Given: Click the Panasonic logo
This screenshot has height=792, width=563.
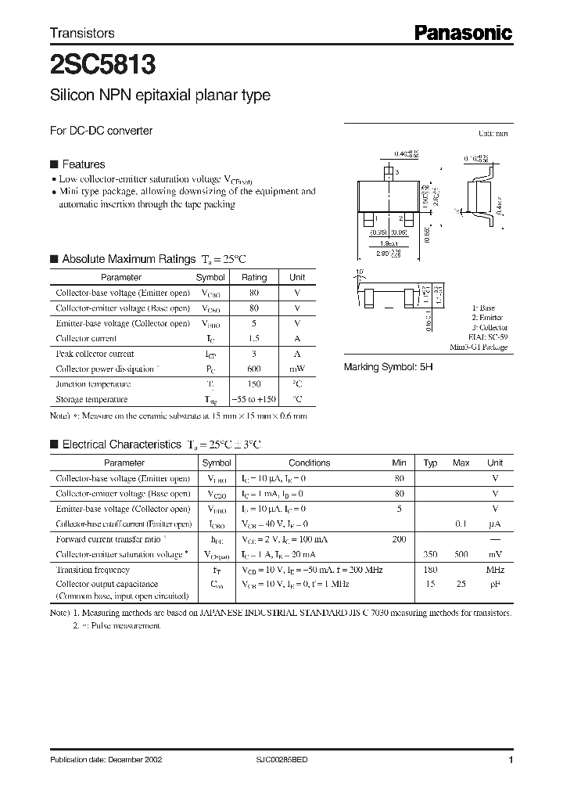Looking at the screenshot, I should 462,33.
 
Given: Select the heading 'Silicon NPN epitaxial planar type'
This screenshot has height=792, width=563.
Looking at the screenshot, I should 160,95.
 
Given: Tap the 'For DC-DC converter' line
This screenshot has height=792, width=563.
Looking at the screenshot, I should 101,131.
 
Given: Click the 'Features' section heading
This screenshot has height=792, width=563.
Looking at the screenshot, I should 83,164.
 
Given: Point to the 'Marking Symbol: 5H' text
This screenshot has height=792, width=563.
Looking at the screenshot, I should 389,367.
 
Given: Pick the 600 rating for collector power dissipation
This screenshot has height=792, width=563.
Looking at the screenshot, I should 254,369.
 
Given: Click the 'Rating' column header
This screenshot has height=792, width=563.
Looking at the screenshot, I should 254,277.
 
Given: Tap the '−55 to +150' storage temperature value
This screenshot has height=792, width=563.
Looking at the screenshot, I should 254,399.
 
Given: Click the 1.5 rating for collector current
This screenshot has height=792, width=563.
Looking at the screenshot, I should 254,339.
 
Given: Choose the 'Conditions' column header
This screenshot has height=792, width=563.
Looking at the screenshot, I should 310,463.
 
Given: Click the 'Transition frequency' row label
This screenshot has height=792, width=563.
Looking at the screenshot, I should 93,570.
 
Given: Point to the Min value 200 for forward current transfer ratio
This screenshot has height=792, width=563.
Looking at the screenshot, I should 399,539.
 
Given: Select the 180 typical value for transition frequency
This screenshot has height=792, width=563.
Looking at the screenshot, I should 430,570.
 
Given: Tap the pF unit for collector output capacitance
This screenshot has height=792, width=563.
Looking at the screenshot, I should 495,585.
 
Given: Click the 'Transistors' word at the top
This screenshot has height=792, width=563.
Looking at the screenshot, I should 82,33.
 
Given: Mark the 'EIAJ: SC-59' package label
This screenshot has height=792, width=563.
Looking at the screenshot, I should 489,337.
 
